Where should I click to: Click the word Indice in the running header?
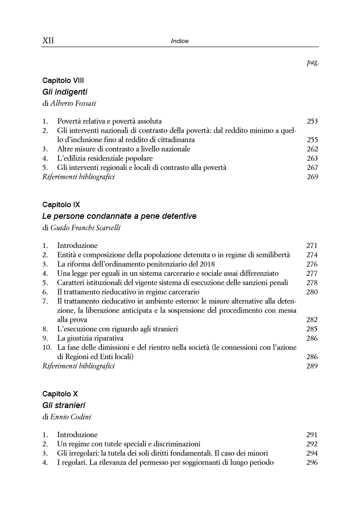pos(180,41)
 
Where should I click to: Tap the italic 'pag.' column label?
pos(312,63)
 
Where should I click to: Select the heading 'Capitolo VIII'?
pos(63,81)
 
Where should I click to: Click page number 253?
pos(312,121)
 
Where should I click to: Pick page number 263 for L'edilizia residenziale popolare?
pos(312,158)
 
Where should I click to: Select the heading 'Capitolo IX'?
pos(61,205)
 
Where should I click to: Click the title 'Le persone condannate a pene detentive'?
pos(119,216)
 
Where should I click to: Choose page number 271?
pos(312,246)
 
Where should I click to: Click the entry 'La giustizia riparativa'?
pos(90,338)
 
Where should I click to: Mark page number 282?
pos(312,320)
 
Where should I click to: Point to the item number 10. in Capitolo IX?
pos(47,347)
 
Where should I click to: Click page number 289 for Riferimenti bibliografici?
pos(312,366)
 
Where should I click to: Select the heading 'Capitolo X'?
pos(60,394)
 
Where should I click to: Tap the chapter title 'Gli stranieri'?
pos(64,405)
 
